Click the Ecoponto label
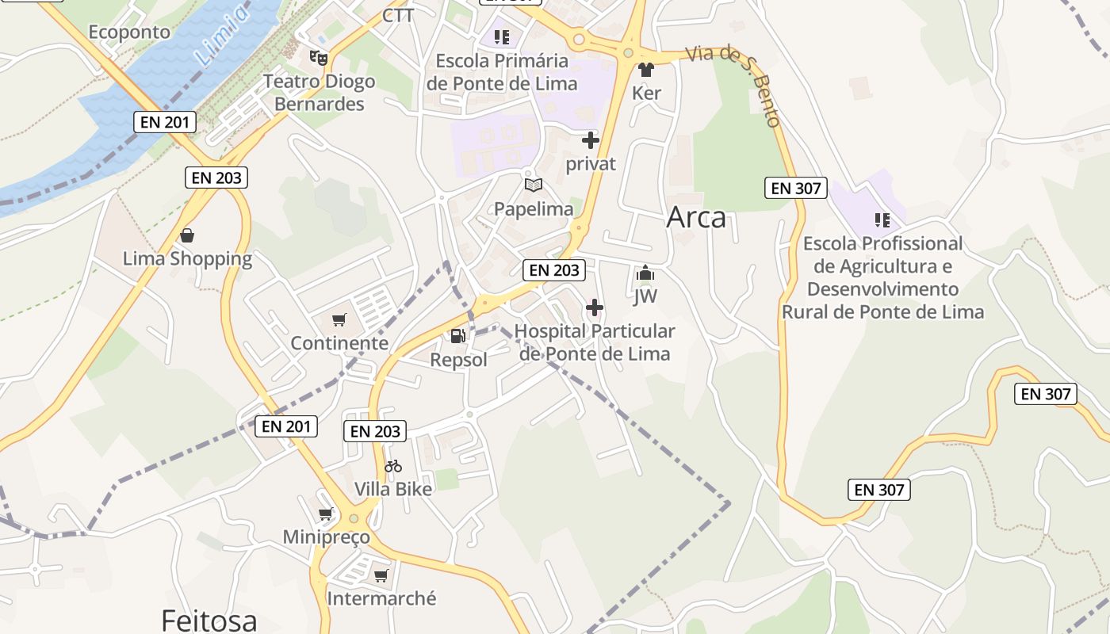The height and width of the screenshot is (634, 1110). click(x=129, y=32)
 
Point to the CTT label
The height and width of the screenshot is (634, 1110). click(x=398, y=16)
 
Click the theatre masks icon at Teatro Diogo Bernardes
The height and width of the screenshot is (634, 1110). click(x=319, y=57)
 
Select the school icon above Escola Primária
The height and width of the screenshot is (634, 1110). click(x=501, y=36)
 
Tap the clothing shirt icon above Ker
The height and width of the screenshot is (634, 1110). click(x=646, y=70)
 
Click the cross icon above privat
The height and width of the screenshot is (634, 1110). click(x=591, y=141)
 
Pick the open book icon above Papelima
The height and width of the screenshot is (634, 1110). click(x=534, y=185)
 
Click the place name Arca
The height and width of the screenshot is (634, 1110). click(x=696, y=217)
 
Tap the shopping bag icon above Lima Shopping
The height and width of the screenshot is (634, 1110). click(x=187, y=235)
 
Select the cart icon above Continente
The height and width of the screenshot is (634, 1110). click(x=339, y=319)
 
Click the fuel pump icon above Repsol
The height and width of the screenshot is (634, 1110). click(x=457, y=336)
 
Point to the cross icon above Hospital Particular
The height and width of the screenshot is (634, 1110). click(x=595, y=307)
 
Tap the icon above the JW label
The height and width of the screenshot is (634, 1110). click(x=645, y=274)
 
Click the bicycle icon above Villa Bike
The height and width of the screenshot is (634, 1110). click(x=393, y=466)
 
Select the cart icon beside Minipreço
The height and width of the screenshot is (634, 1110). click(x=325, y=514)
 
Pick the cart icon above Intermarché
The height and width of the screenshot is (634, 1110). click(x=381, y=575)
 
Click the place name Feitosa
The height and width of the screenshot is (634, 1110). click(x=209, y=620)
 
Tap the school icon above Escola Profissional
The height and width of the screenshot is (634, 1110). click(x=882, y=220)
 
